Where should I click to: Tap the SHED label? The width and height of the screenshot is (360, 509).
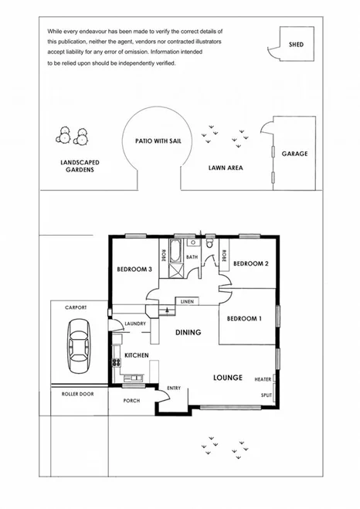pos(295,44)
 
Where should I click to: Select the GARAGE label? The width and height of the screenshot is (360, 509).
pos(294,154)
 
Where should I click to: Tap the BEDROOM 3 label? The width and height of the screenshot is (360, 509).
pos(134,269)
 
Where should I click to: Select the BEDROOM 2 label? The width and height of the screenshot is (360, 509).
pos(250,263)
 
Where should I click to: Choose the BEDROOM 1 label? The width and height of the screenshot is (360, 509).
pos(243,318)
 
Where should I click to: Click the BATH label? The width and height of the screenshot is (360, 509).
pos(192,257)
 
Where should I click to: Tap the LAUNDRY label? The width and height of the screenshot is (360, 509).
pos(135,324)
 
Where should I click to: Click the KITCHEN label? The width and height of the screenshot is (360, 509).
pos(137,355)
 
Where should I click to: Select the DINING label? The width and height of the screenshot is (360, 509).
pos(188,333)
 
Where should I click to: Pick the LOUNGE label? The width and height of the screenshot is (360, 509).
pos(228,378)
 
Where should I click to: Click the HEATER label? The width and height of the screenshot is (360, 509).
pos(263,379)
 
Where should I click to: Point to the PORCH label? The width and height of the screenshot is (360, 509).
pos(131,401)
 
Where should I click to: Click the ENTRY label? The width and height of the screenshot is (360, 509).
pos(174,388)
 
